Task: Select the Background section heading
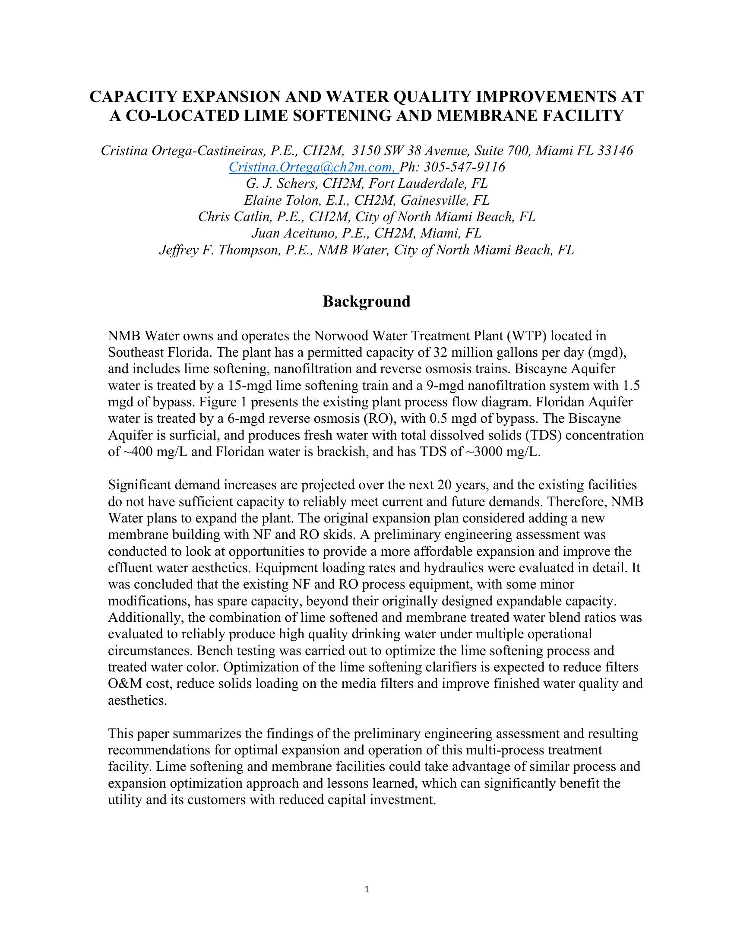pyautogui.click(x=367, y=301)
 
